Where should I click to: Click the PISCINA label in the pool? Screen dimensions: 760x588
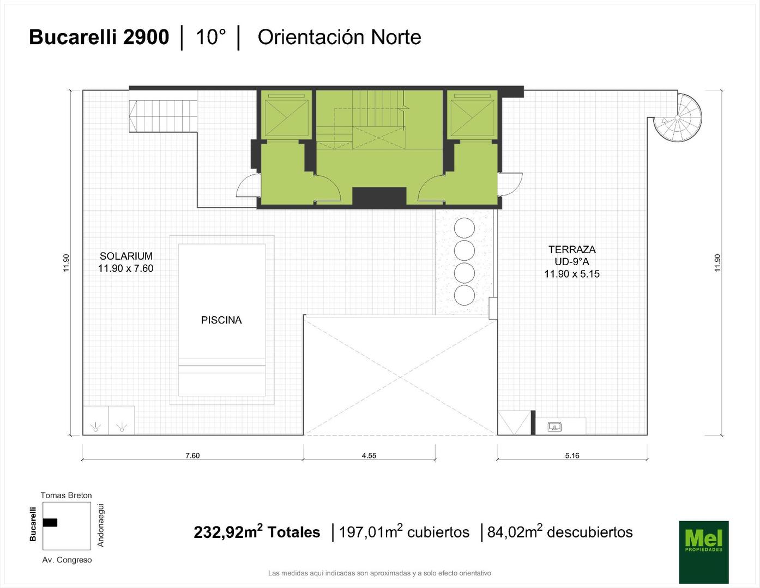coord(221,320)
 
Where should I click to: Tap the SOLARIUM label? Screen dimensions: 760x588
coord(126,256)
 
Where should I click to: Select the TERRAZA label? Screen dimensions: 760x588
coord(572,250)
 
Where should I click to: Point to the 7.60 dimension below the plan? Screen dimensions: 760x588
coord(192,455)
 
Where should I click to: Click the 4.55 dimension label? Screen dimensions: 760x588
coord(369,455)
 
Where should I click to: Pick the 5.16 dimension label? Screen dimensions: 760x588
coord(572,455)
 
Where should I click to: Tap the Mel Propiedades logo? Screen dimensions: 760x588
coord(704,552)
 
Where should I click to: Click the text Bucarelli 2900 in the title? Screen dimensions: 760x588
coord(99,37)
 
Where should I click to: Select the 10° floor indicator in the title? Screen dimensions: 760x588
coord(210,37)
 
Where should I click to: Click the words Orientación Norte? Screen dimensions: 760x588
coord(339,38)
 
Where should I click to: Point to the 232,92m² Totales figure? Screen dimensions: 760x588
coord(257,532)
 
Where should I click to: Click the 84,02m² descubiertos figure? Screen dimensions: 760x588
coord(559,532)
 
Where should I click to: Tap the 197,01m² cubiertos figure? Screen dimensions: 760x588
coord(404,532)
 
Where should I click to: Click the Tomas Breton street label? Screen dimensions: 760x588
coord(66,495)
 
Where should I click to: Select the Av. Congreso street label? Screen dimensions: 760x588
coord(67,560)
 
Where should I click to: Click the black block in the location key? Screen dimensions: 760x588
coord(50,522)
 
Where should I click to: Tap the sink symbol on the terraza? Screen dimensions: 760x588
coord(554,427)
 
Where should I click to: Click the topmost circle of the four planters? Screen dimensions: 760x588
coord(464,228)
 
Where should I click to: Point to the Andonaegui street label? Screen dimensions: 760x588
coord(100,525)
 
